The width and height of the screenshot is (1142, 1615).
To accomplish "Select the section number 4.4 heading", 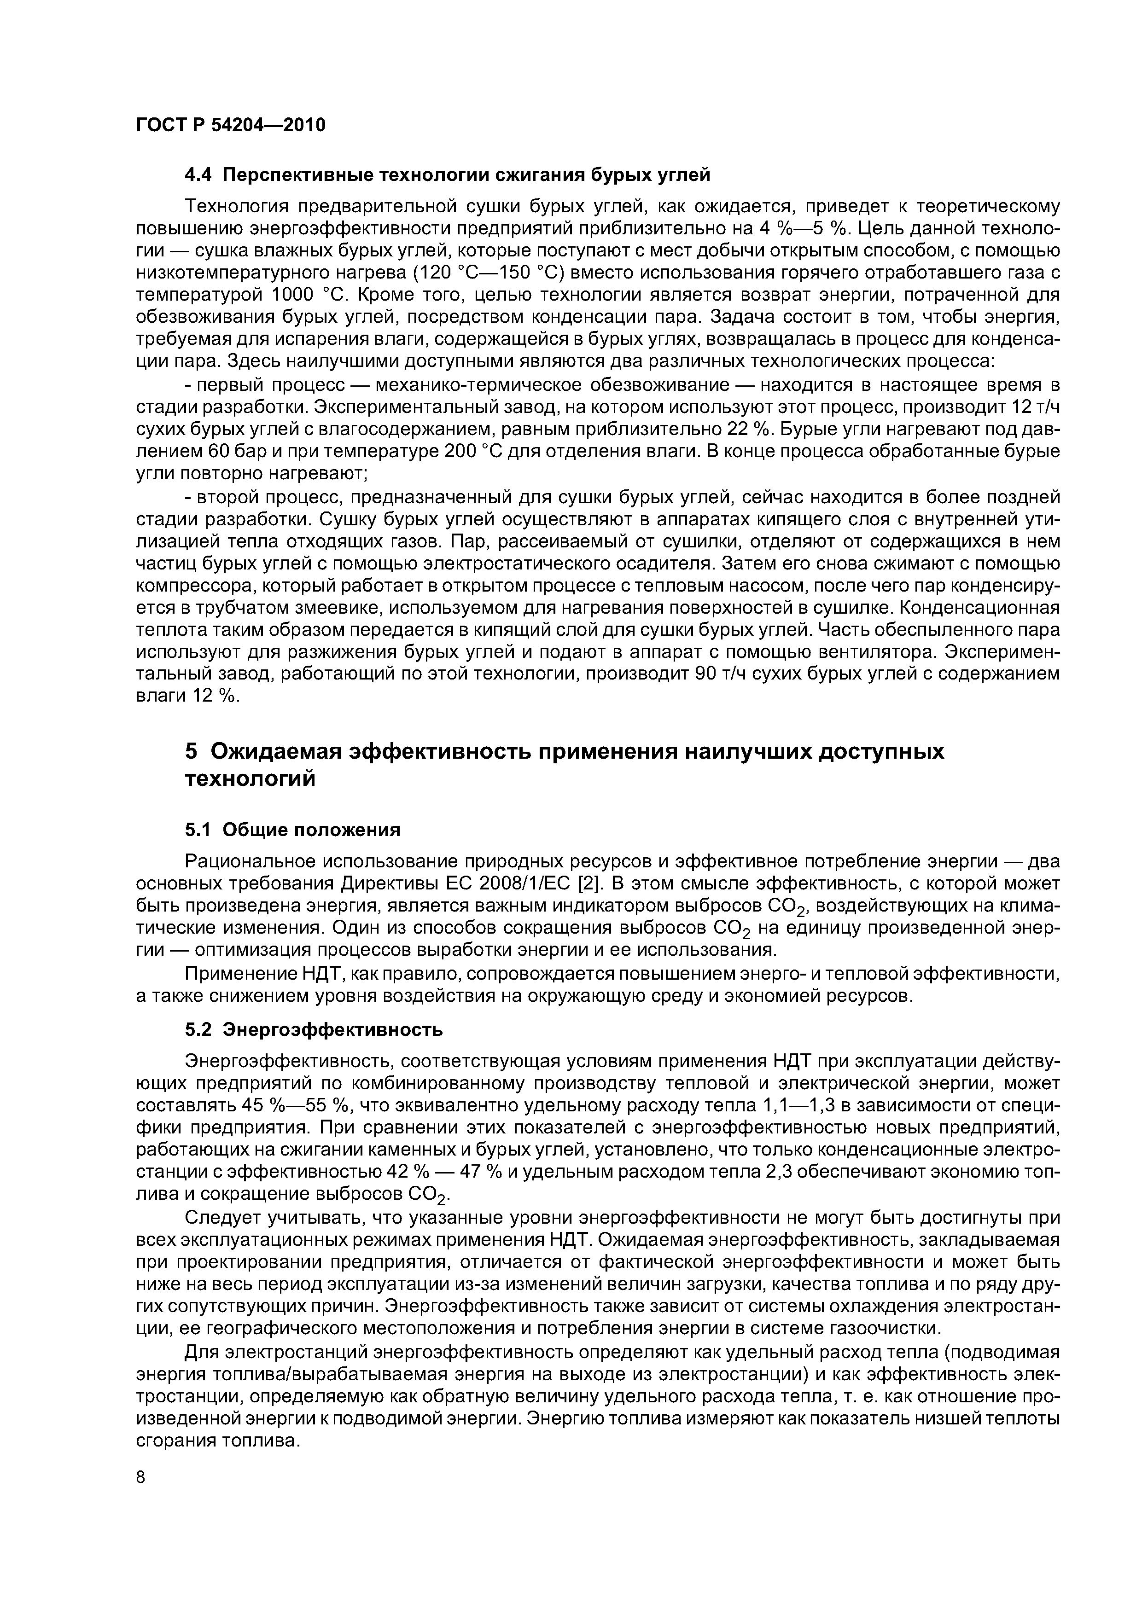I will [200, 175].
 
